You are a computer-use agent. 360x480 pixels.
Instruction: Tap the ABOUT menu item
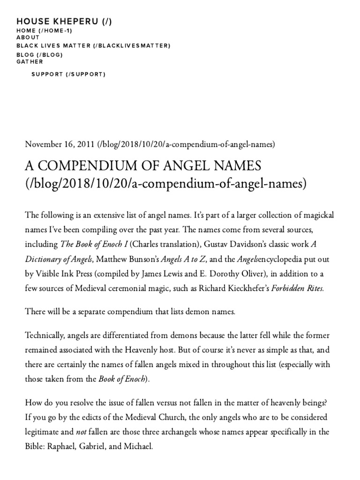(x=28, y=37)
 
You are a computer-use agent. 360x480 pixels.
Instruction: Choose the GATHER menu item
(x=30, y=61)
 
